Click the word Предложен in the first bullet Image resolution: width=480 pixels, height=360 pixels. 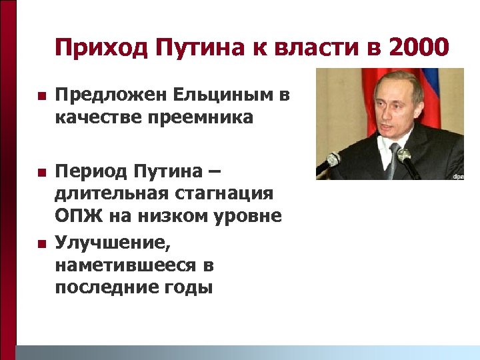(109, 96)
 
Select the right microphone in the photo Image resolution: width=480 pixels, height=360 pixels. (405, 157)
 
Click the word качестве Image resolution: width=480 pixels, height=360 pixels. (94, 119)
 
